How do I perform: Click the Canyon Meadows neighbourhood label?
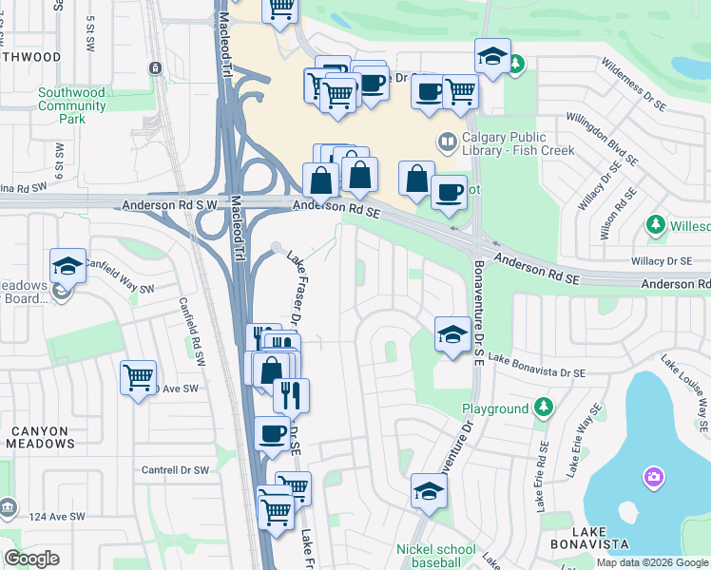pyautogui.click(x=40, y=437)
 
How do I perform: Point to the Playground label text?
pyautogui.click(x=494, y=409)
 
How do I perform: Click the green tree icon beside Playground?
pyautogui.click(x=543, y=408)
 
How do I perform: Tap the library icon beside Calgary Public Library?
pyautogui.click(x=447, y=143)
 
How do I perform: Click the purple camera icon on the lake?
pyautogui.click(x=653, y=476)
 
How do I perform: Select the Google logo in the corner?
pyautogui.click(x=31, y=558)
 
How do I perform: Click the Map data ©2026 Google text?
pyautogui.click(x=652, y=562)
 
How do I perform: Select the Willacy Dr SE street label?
pyautogui.click(x=660, y=260)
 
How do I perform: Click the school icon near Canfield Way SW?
pyautogui.click(x=67, y=266)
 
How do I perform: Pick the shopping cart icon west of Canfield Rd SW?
pyautogui.click(x=138, y=377)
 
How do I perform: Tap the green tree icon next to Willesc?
pyautogui.click(x=655, y=225)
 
